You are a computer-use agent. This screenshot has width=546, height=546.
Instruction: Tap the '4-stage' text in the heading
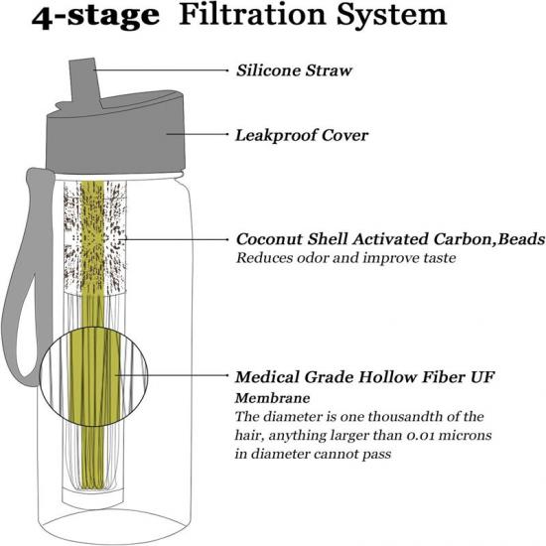tap(95, 17)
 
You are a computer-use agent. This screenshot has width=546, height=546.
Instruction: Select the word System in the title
tap(392, 17)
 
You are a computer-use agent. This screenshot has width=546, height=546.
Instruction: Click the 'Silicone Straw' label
tap(294, 70)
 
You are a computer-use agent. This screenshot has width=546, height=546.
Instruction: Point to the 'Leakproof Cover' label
tap(302, 135)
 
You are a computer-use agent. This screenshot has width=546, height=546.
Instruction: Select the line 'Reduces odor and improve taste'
tap(345, 258)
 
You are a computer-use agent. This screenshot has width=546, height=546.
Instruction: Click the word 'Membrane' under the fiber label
tap(272, 398)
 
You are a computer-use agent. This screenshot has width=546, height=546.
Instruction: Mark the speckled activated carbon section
tap(94, 237)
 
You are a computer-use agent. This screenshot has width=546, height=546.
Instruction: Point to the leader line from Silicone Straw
tap(160, 70)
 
